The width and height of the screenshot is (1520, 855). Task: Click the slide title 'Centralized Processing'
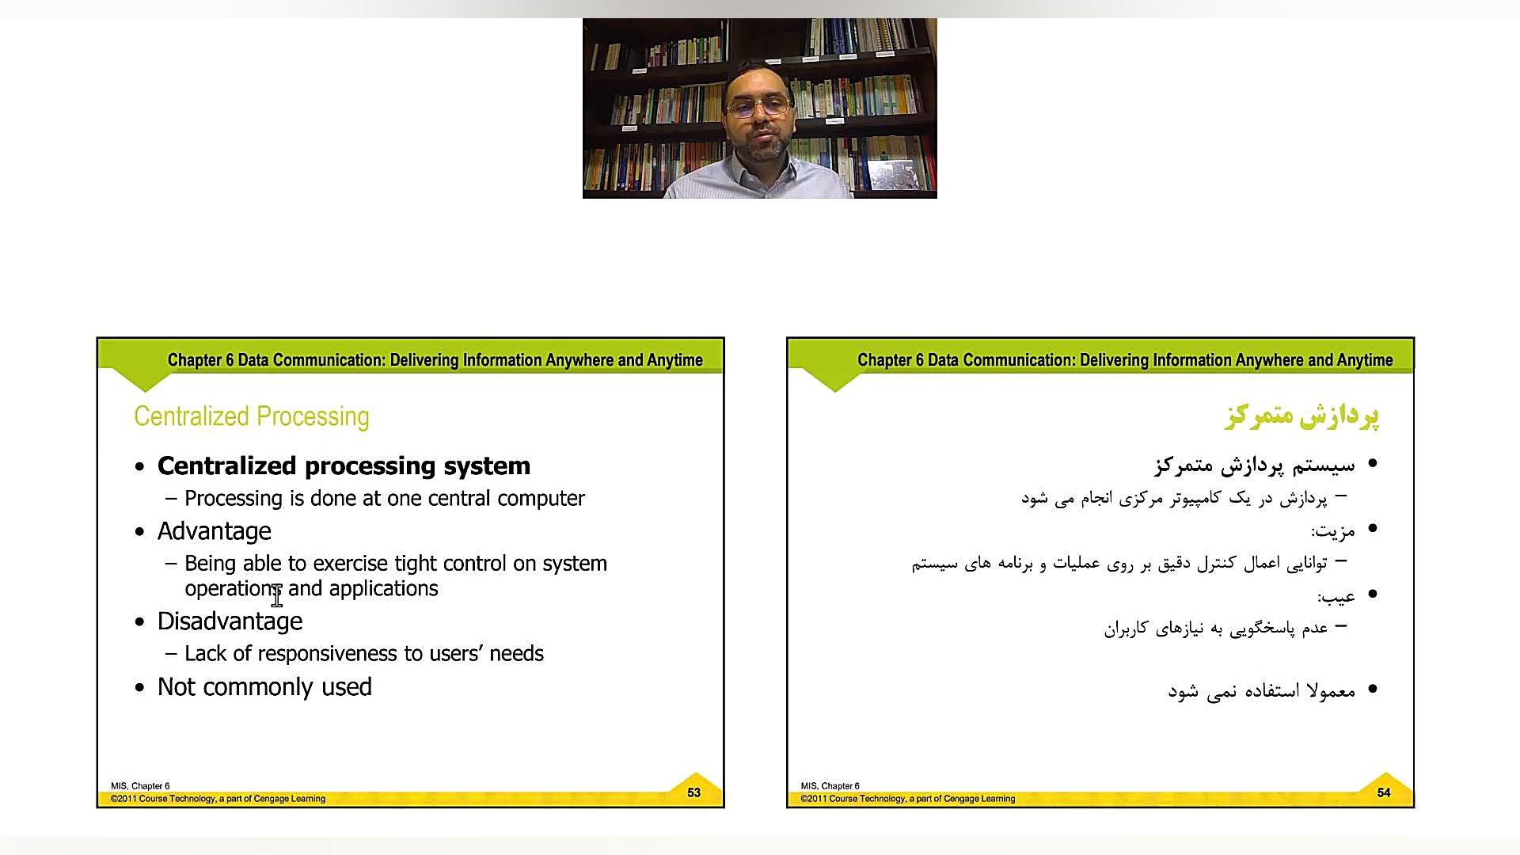coord(252,416)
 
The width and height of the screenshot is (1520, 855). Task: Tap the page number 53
coord(693,792)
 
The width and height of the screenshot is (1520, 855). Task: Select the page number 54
coord(1384,792)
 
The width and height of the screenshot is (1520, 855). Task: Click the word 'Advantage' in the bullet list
coord(215,531)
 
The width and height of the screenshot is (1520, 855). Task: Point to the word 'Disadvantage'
coord(230,621)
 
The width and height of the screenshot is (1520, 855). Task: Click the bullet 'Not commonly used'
coord(264,686)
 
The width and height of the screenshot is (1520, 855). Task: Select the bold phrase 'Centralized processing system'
coord(344,465)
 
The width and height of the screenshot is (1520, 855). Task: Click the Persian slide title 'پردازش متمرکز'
coord(1301,416)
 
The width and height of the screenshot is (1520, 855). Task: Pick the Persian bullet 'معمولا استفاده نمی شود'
coord(1262,691)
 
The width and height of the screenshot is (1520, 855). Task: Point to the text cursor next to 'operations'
coord(276,595)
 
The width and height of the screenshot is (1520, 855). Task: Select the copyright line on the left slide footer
coord(218,799)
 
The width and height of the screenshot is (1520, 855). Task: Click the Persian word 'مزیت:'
coord(1333,531)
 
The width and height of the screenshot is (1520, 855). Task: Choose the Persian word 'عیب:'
coord(1336,596)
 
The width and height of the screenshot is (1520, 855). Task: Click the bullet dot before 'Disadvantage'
coord(140,622)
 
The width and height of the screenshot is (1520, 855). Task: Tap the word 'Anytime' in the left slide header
coord(674,360)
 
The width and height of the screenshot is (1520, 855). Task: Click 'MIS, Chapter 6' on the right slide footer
coord(830,786)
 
